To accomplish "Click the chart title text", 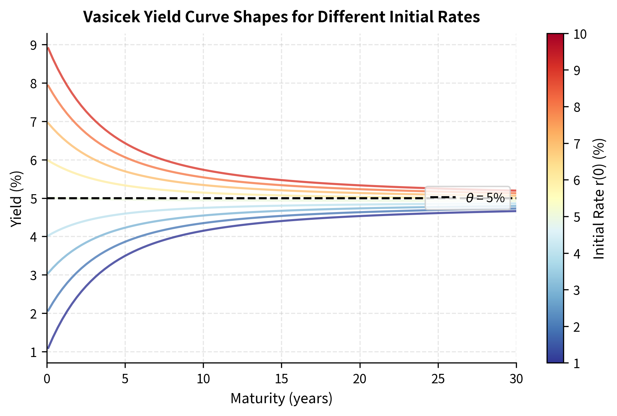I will click(x=281, y=17).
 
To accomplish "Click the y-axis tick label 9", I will click(x=34, y=45).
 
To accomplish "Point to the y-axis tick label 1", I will click(x=34, y=352).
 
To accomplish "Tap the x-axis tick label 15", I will click(x=281, y=379).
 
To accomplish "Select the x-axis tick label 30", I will click(x=516, y=379).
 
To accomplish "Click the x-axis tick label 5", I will click(x=125, y=379).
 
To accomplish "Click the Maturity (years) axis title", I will click(x=281, y=398).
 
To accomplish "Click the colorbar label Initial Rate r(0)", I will click(x=599, y=199).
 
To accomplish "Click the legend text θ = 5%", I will click(x=485, y=198).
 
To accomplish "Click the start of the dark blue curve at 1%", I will click(x=49, y=348).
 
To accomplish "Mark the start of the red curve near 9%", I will click(x=49, y=48).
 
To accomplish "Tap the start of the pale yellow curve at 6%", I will click(x=49, y=161).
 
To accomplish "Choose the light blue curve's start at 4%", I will click(x=49, y=236).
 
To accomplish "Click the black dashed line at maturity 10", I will click(x=203, y=198).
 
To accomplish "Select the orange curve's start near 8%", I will click(x=49, y=86).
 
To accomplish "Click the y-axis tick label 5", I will click(x=34, y=199).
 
